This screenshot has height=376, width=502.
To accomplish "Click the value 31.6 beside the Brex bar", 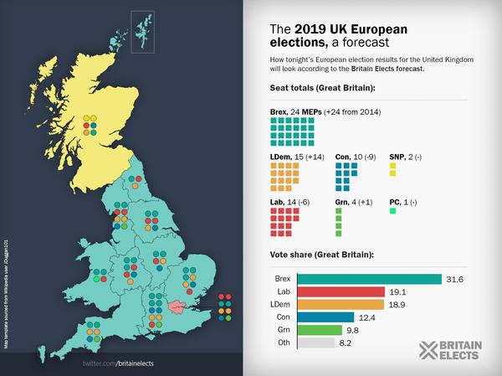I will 454,279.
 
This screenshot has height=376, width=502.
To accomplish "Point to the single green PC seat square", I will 392,210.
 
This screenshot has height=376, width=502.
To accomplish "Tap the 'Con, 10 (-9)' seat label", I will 355,156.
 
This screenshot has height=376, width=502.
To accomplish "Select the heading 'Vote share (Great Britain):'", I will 322,254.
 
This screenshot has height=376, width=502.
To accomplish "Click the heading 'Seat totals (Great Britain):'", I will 322,88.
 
